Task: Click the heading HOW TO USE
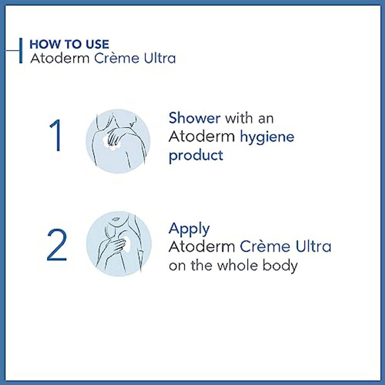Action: click(69, 44)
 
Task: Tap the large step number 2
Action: click(57, 245)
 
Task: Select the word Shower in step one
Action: click(194, 118)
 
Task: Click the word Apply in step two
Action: click(189, 228)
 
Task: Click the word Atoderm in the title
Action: click(60, 58)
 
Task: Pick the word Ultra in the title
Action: click(160, 58)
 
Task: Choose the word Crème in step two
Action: click(265, 247)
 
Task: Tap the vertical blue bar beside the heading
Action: click(21, 51)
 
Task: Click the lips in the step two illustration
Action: click(115, 219)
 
